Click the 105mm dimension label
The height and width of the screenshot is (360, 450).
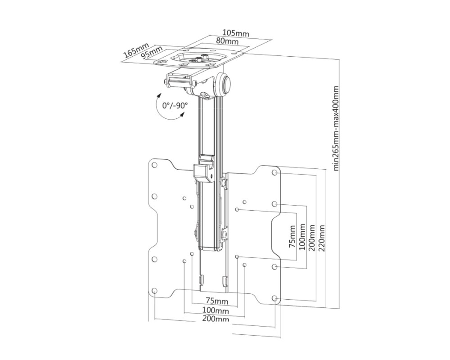coord(235,34)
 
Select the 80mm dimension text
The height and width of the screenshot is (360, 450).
coord(227,41)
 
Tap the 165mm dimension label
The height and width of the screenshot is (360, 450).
coord(135,50)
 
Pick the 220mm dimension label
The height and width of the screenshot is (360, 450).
coord(321,238)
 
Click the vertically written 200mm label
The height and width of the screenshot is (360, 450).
coord(311,238)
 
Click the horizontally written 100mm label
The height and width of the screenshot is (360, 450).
coord(215,310)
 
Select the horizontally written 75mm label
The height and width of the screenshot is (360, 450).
coord(216,301)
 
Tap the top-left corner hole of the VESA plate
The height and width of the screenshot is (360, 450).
coord(154,165)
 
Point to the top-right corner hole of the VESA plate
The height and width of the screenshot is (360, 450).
coord(274,173)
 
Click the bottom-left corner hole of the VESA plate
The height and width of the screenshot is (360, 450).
coord(154,291)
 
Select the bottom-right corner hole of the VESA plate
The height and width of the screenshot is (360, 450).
coord(274,298)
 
